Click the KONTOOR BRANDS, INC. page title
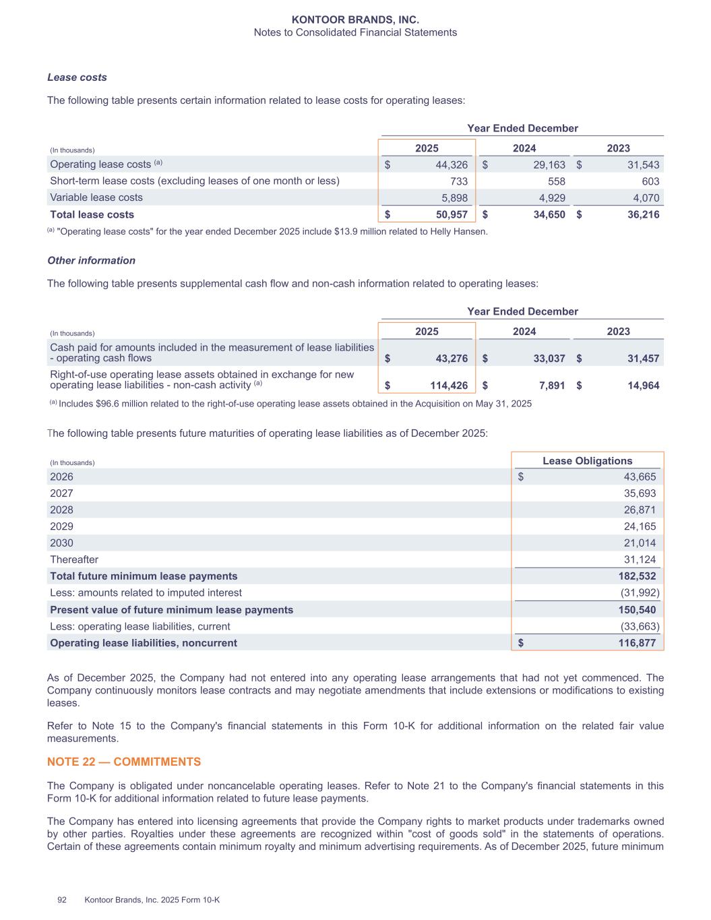click(355, 20)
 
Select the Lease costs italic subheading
click(77, 78)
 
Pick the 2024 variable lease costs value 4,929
click(550, 197)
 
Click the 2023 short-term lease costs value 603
click(650, 181)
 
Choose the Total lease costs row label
click(92, 214)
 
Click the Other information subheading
click(91, 260)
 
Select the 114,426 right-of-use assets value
click(445, 386)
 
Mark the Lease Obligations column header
click(588, 461)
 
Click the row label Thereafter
click(74, 559)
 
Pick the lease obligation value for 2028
click(640, 510)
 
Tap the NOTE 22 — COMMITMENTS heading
click(124, 762)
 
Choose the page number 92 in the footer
click(62, 900)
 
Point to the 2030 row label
click(61, 543)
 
